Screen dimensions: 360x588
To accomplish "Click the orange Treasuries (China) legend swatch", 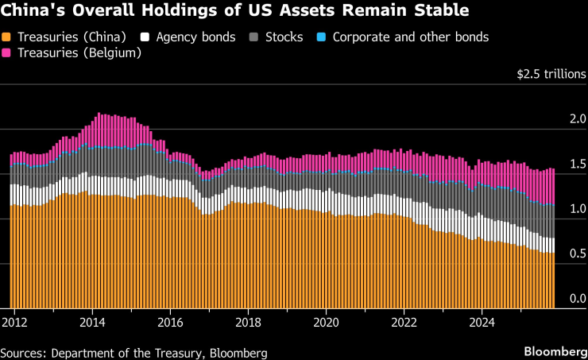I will (7, 37).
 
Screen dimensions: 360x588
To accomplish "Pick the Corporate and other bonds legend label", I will (410, 37).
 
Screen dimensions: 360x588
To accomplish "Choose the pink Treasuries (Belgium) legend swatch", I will (7, 53).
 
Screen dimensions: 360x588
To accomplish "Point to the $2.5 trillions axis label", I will (551, 75).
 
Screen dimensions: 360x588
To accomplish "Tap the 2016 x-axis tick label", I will (170, 323).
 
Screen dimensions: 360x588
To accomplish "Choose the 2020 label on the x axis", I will (327, 323).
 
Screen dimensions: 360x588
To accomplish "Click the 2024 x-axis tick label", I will (483, 323).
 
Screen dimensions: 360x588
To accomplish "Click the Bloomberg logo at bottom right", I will (553, 351).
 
